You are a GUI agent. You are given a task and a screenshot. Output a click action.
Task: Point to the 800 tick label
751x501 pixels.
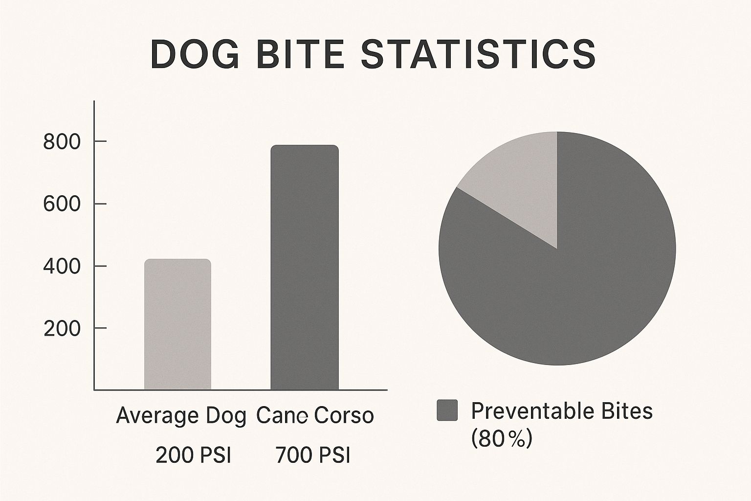pyautogui.click(x=62, y=142)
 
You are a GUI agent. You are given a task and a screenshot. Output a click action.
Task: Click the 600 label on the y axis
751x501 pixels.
pyautogui.click(x=62, y=204)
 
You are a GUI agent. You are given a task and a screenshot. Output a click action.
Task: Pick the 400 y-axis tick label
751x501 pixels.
pyautogui.click(x=62, y=267)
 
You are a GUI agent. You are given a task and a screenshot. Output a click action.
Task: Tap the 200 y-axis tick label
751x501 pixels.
pyautogui.click(x=62, y=329)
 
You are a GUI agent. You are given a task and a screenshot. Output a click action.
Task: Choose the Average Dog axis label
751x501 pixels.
pyautogui.click(x=180, y=416)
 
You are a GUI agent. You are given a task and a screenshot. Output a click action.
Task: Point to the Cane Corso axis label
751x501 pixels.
pyautogui.click(x=315, y=416)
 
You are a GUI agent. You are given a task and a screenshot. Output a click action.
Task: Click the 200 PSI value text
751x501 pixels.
pyautogui.click(x=193, y=455)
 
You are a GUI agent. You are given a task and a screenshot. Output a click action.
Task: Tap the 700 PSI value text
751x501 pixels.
pyautogui.click(x=313, y=455)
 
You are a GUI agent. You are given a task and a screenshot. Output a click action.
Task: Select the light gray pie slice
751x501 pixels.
pyautogui.click(x=518, y=186)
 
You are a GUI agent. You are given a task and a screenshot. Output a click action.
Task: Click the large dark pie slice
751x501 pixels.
pyautogui.click(x=567, y=284)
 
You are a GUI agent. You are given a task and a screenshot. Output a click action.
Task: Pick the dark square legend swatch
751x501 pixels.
pyautogui.click(x=447, y=410)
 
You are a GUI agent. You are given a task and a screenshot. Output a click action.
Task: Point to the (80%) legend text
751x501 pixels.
pyautogui.click(x=501, y=439)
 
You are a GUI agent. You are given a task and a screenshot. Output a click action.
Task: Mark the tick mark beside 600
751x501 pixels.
pyautogui.click(x=100, y=204)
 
